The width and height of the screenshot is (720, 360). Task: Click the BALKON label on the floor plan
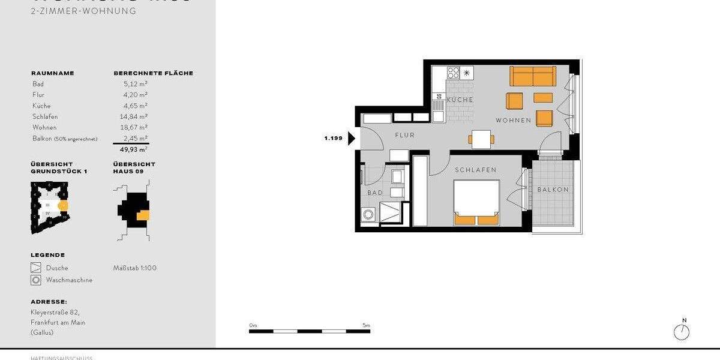[x=553, y=190]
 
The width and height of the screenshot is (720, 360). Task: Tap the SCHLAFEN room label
[x=476, y=170]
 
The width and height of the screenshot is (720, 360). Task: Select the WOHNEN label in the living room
[x=513, y=121]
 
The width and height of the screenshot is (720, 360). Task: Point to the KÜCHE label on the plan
[x=460, y=100]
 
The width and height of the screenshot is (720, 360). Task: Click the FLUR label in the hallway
[x=404, y=136]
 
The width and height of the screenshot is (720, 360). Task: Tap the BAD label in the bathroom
[x=375, y=193]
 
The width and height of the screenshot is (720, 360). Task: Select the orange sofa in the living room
[x=533, y=76]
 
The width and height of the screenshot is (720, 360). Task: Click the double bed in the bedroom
[x=476, y=203]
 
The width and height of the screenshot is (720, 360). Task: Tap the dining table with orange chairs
[x=481, y=139]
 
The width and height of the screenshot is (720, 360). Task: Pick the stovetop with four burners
[x=454, y=73]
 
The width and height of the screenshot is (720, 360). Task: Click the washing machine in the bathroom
[x=369, y=215]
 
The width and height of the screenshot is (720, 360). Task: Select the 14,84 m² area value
[x=135, y=116]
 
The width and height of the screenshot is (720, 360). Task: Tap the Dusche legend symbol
[x=35, y=268]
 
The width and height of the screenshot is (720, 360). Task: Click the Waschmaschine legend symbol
[x=35, y=280]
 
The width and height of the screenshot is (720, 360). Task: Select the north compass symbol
[x=682, y=331]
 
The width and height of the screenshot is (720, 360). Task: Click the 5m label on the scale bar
[x=366, y=325]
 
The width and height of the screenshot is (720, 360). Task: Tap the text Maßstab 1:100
[x=135, y=268]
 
